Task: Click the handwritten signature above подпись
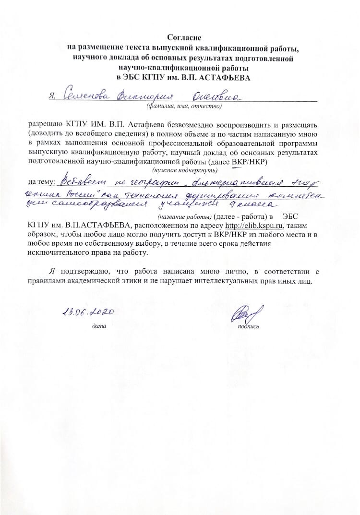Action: (246, 315)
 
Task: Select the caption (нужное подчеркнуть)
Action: (185, 170)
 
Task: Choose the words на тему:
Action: (42, 182)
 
